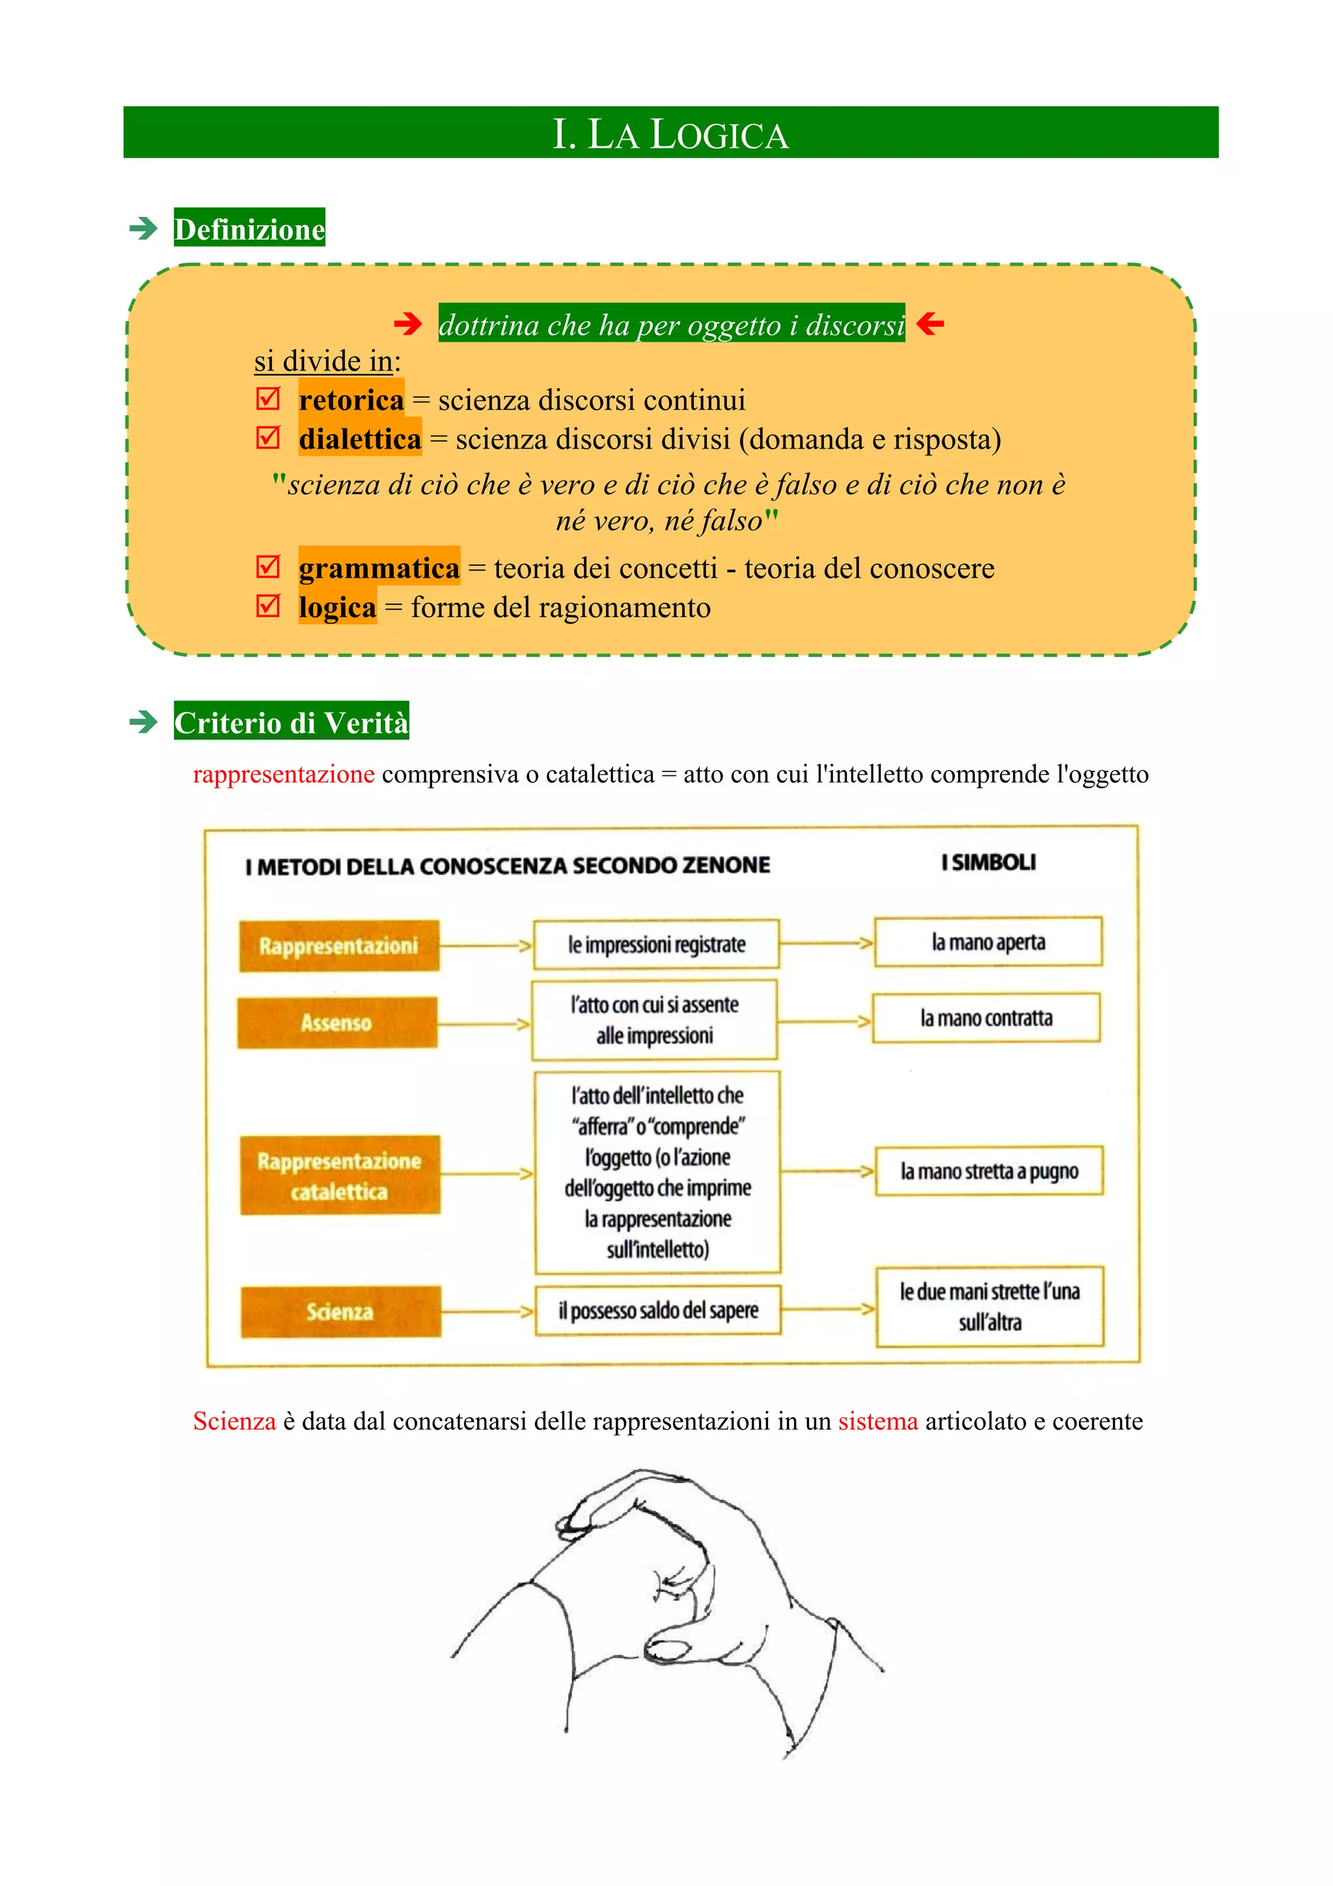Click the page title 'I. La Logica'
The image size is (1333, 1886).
(670, 134)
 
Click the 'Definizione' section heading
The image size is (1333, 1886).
(250, 229)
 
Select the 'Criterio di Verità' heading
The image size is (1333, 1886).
(292, 721)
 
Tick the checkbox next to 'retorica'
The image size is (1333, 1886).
(268, 398)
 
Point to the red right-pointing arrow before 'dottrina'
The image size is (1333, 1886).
(407, 324)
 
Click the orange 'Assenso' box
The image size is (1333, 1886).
(337, 1023)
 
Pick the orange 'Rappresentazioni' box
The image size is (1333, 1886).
(339, 945)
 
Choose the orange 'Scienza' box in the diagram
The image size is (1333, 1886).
(341, 1312)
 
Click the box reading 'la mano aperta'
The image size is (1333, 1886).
(988, 942)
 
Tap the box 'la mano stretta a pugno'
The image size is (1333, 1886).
(989, 1171)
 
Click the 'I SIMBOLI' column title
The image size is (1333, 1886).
(988, 863)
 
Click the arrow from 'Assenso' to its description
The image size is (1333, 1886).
(484, 1024)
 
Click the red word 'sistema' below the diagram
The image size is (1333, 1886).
(878, 1421)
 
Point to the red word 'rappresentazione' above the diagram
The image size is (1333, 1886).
(284, 775)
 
